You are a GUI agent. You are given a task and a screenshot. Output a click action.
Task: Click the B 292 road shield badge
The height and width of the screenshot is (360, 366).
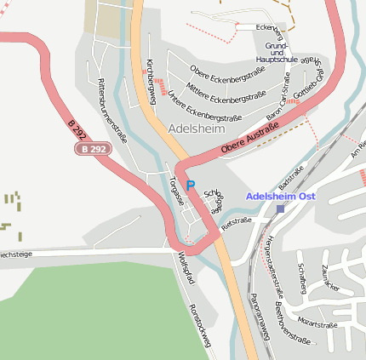pos(94,148)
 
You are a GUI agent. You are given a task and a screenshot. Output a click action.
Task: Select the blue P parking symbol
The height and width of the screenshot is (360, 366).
pos(191,185)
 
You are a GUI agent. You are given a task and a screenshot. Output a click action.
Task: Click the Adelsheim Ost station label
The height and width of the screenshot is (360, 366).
pos(281,196)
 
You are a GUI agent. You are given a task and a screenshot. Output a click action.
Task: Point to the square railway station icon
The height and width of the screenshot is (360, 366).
pos(280,209)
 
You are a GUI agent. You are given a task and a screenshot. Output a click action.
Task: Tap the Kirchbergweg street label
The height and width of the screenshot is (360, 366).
pos(151,77)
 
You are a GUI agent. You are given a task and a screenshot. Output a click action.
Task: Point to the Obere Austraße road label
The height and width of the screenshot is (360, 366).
pos(250,139)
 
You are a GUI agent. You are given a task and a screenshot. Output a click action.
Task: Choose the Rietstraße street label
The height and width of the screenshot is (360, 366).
pos(237,224)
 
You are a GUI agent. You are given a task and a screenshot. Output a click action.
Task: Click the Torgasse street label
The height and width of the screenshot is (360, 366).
pos(176,191)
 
